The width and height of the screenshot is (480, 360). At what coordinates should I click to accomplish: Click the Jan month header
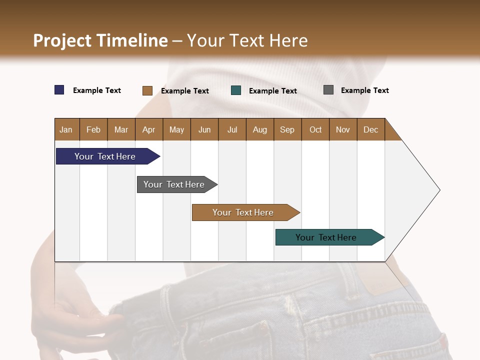coord(66,129)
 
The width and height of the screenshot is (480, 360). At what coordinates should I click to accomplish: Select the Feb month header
coord(93,129)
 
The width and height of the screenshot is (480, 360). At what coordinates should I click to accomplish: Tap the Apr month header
coord(148,129)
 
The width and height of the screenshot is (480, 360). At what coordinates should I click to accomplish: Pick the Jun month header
coord(204,129)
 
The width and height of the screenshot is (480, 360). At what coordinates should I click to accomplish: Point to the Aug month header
coord(259,129)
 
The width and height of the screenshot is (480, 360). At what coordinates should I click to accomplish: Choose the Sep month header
coord(287,129)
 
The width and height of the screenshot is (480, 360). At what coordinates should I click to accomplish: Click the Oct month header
coord(315,129)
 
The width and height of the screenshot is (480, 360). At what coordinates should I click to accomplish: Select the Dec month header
coord(370,129)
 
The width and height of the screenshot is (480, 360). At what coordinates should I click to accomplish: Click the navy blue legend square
coord(59,90)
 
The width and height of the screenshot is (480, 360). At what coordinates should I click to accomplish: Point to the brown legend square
coord(147,90)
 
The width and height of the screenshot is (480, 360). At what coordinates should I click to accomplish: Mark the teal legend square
coord(236,90)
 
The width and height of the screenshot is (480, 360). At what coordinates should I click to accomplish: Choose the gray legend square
coord(328,90)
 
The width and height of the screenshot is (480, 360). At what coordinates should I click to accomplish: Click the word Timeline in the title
coord(132,40)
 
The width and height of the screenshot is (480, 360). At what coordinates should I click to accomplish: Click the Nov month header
coord(342,129)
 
